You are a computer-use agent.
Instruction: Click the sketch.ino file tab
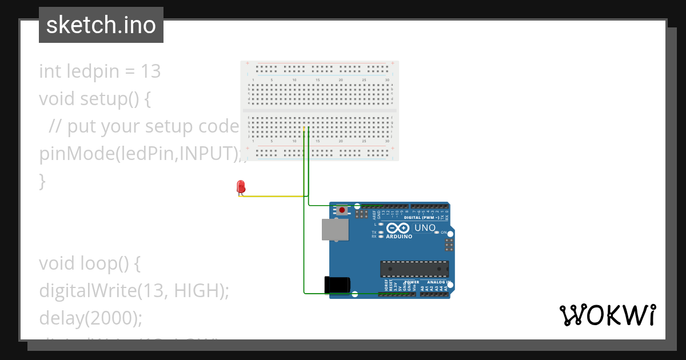[x=101, y=25]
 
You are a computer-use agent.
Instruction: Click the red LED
[x=241, y=187]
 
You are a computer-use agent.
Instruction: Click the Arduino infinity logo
[x=398, y=228]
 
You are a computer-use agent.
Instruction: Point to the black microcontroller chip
[x=414, y=269]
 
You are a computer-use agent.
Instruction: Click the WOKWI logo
[x=607, y=315]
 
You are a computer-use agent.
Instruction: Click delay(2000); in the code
[x=90, y=317]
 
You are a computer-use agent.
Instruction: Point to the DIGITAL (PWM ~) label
[x=421, y=218]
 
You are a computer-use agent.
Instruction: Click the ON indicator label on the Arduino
[x=444, y=233]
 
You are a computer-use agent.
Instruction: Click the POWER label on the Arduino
[x=412, y=282]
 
